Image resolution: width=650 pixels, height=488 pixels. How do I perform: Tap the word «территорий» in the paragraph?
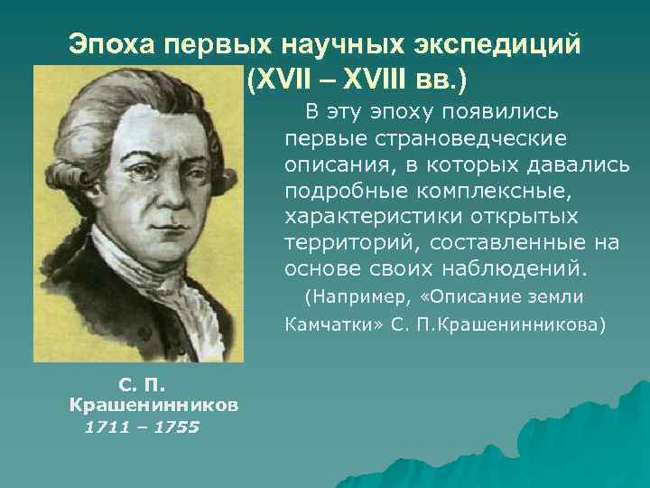(353, 242)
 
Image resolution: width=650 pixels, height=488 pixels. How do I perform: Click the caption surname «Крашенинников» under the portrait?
(154, 406)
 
